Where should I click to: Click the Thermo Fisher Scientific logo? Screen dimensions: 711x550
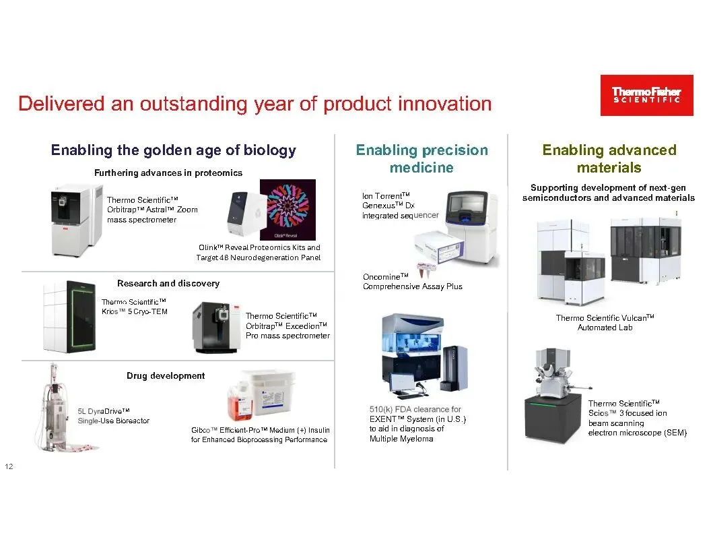(x=646, y=95)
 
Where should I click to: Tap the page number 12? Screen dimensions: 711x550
(x=9, y=466)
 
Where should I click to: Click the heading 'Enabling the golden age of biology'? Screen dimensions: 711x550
(x=174, y=150)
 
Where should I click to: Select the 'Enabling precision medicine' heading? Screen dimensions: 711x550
(x=421, y=158)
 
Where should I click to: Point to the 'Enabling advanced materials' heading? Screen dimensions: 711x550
(x=609, y=158)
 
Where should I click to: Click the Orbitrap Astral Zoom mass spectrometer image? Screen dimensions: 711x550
(x=77, y=220)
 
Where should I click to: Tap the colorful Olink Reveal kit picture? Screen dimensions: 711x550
(x=287, y=210)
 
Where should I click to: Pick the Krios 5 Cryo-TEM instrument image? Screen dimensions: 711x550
(x=69, y=316)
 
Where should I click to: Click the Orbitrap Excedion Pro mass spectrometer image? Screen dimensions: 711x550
(x=216, y=327)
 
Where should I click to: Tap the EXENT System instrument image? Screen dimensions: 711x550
(x=424, y=355)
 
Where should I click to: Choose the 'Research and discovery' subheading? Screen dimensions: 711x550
(x=168, y=283)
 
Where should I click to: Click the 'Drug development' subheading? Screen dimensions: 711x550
(x=166, y=375)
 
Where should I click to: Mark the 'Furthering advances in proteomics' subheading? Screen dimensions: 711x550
(x=168, y=173)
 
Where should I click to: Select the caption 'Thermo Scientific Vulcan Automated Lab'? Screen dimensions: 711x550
(x=605, y=322)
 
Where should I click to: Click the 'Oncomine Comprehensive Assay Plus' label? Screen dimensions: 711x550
(x=412, y=281)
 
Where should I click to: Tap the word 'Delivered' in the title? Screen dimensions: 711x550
(x=61, y=104)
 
